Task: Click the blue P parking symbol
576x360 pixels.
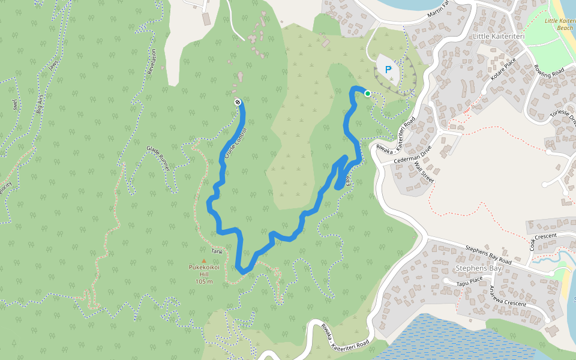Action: pos(388,70)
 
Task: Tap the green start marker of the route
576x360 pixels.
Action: pos(367,93)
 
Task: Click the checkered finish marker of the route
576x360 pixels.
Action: pos(238,102)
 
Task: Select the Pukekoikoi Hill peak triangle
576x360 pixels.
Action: pos(202,260)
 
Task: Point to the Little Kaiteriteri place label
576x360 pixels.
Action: pos(499,37)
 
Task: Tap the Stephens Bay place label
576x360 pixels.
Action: pos(478,268)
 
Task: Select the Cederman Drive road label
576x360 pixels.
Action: pos(413,157)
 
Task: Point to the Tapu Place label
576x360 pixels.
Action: pos(469,280)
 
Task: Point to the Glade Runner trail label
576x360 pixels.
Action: pos(158,158)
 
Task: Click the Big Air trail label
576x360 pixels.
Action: pos(41,103)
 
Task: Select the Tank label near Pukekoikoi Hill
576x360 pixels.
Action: pos(217,251)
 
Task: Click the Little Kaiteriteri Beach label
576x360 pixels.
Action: pos(559,24)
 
